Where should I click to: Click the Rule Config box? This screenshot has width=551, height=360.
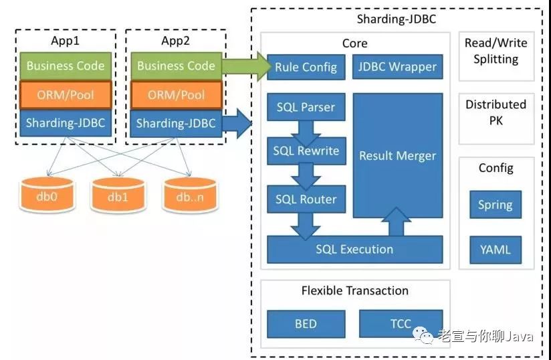pyautogui.click(x=306, y=67)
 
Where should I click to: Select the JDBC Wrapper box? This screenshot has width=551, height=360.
pyautogui.click(x=397, y=67)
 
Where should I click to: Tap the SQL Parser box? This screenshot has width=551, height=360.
pyautogui.click(x=306, y=107)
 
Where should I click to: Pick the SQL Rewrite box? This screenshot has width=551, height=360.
pyautogui.click(x=306, y=151)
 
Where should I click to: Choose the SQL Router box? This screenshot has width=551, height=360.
pyautogui.click(x=306, y=199)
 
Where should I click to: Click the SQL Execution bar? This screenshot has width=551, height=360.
pyautogui.click(x=354, y=250)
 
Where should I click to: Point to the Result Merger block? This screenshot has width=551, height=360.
pyautogui.click(x=397, y=156)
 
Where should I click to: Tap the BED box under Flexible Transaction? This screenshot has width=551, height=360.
pyautogui.click(x=306, y=324)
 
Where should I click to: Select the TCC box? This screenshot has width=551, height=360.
pyautogui.click(x=401, y=324)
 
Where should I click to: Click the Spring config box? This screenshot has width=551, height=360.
pyautogui.click(x=495, y=205)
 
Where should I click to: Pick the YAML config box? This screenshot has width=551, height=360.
pyautogui.click(x=495, y=250)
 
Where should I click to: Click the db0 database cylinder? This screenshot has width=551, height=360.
pyautogui.click(x=45, y=194)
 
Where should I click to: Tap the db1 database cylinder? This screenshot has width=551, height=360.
pyautogui.click(x=117, y=194)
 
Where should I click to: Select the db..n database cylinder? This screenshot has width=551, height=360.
pyautogui.click(x=189, y=194)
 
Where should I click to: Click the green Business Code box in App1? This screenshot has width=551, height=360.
pyautogui.click(x=66, y=66)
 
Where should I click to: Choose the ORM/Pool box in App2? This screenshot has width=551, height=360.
pyautogui.click(x=176, y=95)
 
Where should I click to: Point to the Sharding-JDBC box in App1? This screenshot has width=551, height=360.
pyautogui.click(x=66, y=124)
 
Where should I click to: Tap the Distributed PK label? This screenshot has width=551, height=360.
pyautogui.click(x=495, y=112)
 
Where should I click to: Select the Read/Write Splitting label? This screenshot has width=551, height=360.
pyautogui.click(x=495, y=51)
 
